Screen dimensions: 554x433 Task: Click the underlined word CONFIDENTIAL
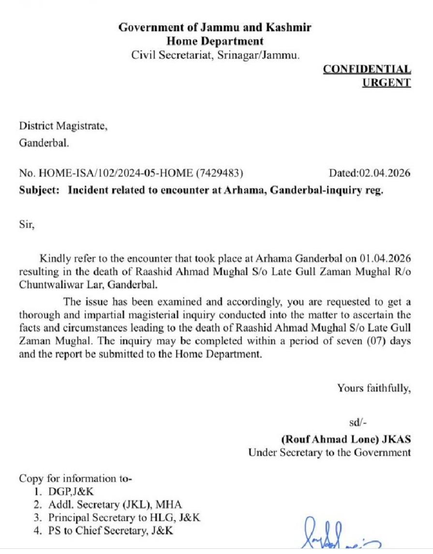pyautogui.click(x=367, y=69)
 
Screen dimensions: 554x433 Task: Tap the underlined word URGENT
pyautogui.click(x=386, y=82)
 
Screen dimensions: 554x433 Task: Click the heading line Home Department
pyautogui.click(x=215, y=41)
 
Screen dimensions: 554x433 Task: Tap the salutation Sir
pyautogui.click(x=27, y=225)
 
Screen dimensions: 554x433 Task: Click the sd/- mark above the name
pyautogui.click(x=358, y=422)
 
